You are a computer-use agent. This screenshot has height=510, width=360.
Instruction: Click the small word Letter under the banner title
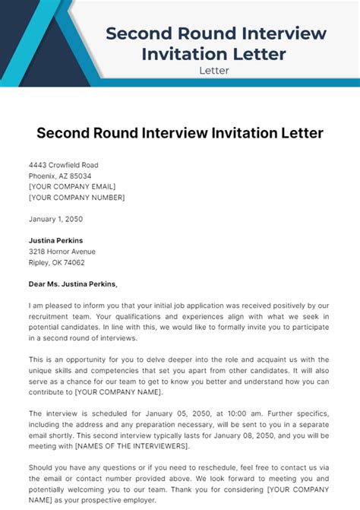(214, 71)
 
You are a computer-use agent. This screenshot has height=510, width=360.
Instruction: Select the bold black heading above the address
(180, 133)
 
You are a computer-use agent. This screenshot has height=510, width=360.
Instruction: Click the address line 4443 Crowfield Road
(63, 165)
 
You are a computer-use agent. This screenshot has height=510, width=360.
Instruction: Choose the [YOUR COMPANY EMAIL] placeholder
(73, 186)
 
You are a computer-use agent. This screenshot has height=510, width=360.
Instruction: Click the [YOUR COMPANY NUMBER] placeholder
(77, 197)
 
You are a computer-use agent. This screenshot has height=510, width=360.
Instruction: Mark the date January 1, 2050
(55, 219)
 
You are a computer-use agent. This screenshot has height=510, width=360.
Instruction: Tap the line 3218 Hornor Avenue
(62, 251)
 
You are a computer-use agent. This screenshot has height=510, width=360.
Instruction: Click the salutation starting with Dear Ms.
(74, 284)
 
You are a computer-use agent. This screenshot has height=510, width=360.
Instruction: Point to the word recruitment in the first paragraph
(52, 316)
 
